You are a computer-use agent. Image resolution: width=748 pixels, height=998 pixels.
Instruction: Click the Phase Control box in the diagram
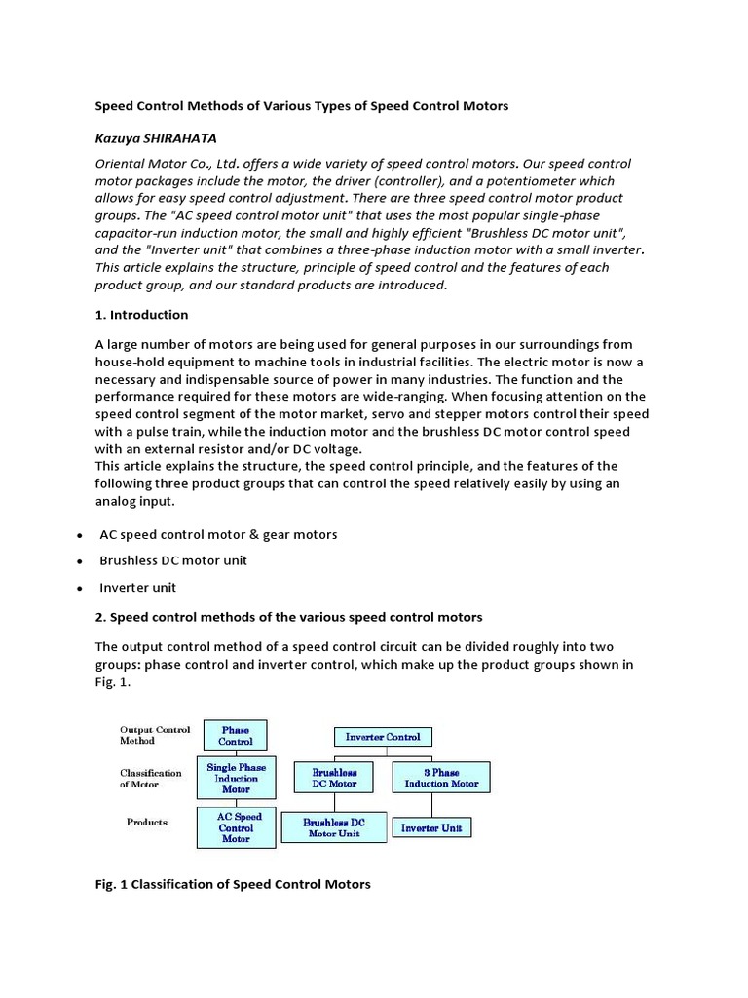point(235,735)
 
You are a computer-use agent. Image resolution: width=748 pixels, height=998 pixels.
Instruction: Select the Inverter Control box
point(384,737)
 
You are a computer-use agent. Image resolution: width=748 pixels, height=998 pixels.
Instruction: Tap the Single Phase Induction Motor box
point(237,778)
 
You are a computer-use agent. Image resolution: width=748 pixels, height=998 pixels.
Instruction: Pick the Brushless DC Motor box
point(334,777)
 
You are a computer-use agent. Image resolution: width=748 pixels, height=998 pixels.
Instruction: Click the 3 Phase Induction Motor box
point(440,777)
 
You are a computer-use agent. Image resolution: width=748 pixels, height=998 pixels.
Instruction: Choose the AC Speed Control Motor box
point(236,827)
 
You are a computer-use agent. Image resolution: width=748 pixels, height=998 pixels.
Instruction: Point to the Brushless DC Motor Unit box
point(334,827)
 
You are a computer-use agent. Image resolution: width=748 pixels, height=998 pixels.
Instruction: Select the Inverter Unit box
point(431,828)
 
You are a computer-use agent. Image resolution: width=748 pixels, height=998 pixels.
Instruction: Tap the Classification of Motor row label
point(150,778)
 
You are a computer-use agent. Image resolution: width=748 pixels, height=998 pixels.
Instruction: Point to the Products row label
point(147,822)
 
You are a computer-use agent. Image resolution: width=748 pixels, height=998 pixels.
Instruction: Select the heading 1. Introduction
point(141,315)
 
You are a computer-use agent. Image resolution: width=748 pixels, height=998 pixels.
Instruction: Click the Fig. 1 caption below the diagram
point(232,884)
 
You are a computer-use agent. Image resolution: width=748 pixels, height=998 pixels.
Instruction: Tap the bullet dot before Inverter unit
point(77,589)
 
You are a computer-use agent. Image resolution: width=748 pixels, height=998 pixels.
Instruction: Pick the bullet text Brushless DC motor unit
point(173,560)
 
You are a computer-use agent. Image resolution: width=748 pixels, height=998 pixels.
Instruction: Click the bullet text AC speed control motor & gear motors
point(218,534)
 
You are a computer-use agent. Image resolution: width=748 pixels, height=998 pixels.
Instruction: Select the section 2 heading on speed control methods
point(288,617)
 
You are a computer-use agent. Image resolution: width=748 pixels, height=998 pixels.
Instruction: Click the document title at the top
point(301,105)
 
